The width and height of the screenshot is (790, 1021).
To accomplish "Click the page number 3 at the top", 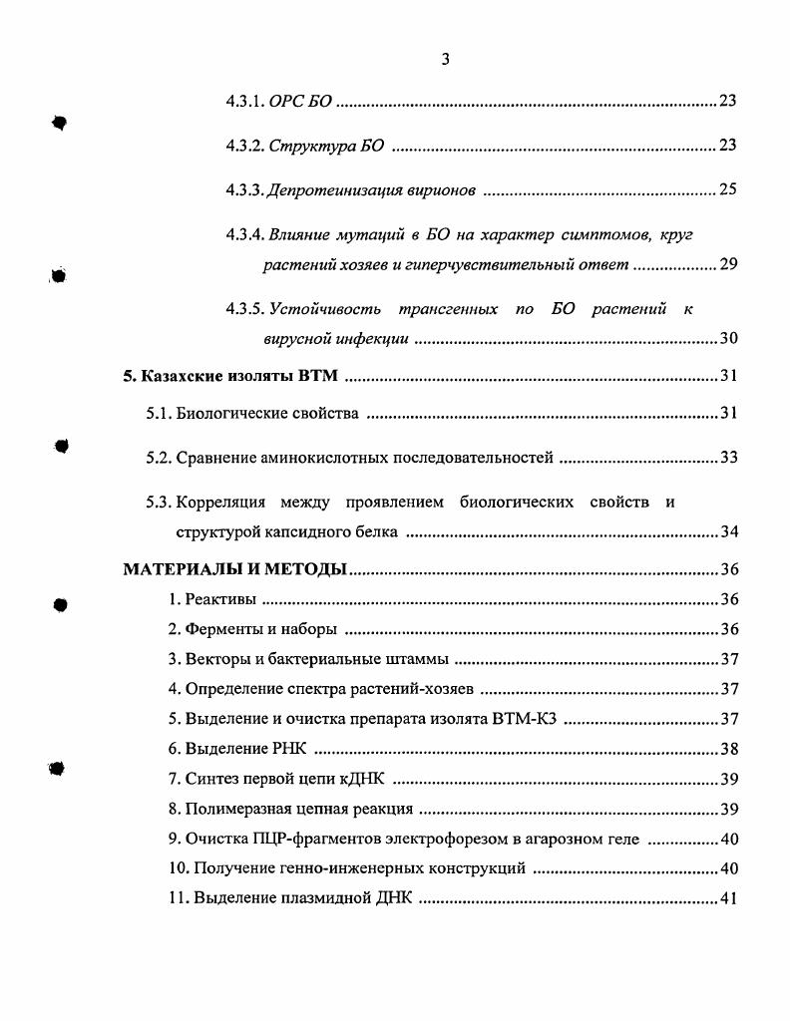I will pyautogui.click(x=445, y=59).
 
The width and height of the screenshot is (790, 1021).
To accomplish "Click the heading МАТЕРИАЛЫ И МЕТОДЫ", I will pyautogui.click(x=234, y=569).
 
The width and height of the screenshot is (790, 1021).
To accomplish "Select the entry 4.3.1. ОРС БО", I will pyautogui.click(x=278, y=102).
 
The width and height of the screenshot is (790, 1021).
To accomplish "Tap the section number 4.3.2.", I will pyautogui.click(x=244, y=146).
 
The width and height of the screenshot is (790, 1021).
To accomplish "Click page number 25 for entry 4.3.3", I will pyautogui.click(x=727, y=189).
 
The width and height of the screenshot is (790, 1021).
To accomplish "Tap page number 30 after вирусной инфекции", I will pyautogui.click(x=727, y=339).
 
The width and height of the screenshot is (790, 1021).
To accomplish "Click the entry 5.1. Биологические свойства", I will pyautogui.click(x=253, y=414).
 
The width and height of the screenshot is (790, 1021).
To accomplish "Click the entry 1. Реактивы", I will pyautogui.click(x=211, y=599).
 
